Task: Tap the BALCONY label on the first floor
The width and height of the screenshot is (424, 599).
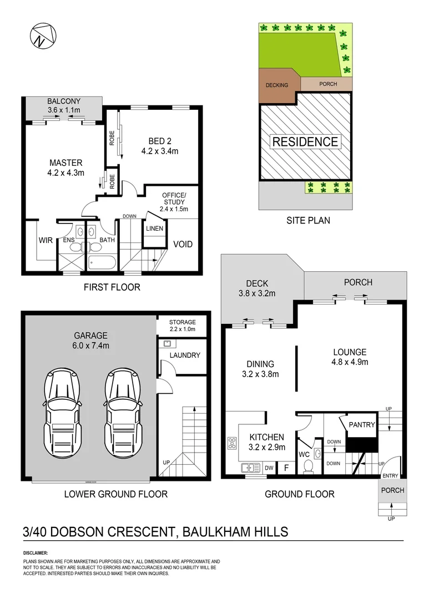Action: tap(63, 101)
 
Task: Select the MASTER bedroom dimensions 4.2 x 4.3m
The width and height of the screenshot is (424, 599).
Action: tap(66, 172)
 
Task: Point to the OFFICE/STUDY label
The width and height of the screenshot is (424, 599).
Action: tap(175, 199)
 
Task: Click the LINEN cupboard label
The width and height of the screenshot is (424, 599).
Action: tap(154, 229)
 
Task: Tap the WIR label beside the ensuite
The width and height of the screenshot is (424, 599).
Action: tap(45, 241)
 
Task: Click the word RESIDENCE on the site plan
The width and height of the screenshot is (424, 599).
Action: tap(305, 141)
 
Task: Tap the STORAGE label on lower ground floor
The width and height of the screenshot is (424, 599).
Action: tap(182, 322)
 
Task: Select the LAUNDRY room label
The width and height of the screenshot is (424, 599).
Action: tap(185, 355)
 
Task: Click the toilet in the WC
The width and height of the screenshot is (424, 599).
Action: tap(309, 465)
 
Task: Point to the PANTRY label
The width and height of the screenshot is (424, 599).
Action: tap(362, 425)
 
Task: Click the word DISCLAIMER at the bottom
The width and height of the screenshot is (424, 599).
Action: tap(36, 553)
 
